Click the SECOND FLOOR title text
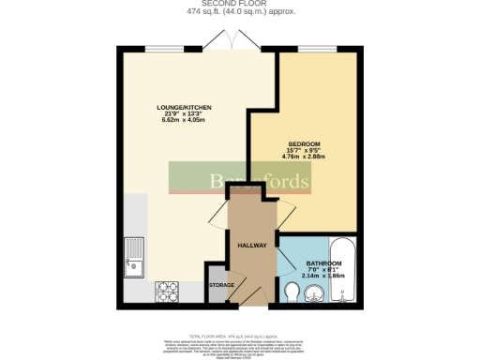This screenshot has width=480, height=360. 239,4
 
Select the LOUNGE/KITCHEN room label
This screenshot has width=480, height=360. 183,108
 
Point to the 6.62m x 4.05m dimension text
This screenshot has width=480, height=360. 183,121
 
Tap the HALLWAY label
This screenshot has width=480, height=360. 252,246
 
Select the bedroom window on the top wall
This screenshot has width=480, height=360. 320,46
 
